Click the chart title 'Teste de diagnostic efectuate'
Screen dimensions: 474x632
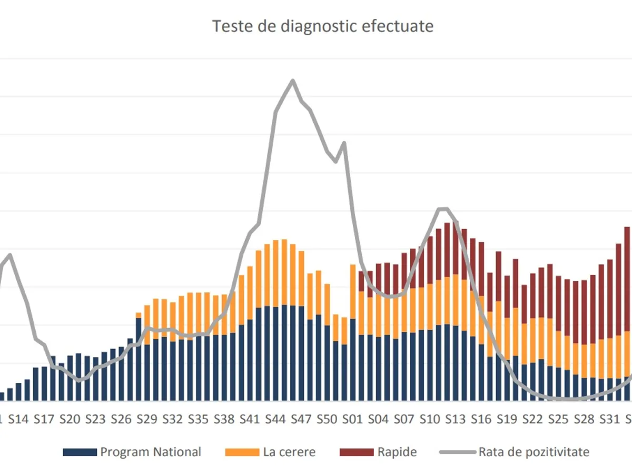pos(322,26)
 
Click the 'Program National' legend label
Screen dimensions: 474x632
pos(151,452)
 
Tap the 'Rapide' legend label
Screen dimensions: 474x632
pos(397,452)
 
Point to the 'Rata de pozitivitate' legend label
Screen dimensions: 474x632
pos(534,452)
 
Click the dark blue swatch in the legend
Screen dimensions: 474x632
pos(80,452)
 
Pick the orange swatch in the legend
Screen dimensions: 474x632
pos(242,452)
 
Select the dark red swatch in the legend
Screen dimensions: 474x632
pos(357,452)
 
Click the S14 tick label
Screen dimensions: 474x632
pos(18,419)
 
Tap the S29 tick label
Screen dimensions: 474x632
pos(147,419)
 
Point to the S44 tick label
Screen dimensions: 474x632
pos(275,419)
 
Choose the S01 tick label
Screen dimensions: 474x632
pos(353,419)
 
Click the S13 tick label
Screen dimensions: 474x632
pos(456,419)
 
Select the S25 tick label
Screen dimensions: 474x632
pos(558,419)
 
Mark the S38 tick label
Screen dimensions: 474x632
pos(224,419)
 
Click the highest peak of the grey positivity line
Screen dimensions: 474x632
pos(292,81)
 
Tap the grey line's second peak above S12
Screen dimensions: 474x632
pos(443,209)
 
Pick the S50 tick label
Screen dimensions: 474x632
pos(327,419)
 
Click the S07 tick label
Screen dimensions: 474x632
pos(404,419)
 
